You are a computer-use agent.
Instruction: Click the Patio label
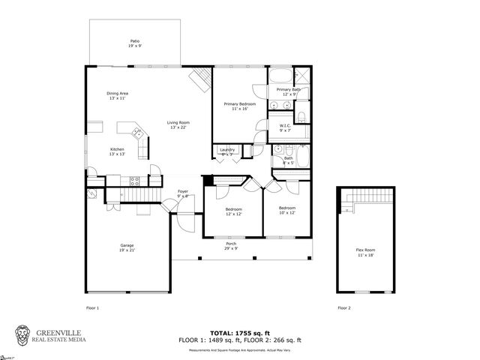tap(135, 43)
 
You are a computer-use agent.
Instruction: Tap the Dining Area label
tap(118, 95)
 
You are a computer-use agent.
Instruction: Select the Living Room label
tap(178, 124)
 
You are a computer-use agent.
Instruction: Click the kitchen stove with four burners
tap(135, 180)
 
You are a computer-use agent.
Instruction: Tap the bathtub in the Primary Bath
tap(280, 76)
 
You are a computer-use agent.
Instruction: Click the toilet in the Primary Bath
tap(300, 116)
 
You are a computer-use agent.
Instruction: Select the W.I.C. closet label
tap(285, 127)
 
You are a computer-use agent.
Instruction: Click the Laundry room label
tap(226, 151)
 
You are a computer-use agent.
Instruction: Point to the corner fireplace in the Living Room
tap(201, 79)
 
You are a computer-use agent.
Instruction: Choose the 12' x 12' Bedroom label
tap(234, 211)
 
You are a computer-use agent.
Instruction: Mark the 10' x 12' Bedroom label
tap(288, 209)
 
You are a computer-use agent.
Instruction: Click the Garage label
tap(127, 247)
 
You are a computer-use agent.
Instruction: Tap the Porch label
tap(231, 246)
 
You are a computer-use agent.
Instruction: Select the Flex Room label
tap(364, 253)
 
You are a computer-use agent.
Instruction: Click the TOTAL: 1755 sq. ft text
tap(240, 332)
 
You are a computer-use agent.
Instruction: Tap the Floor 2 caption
tap(343, 307)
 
